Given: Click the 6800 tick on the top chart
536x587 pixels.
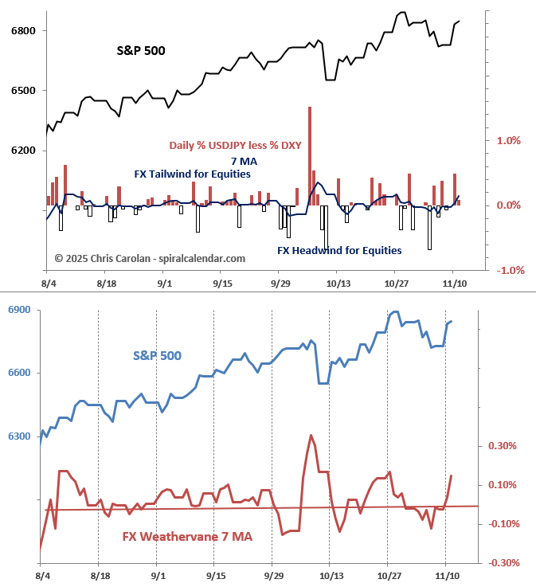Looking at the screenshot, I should [x=22, y=31].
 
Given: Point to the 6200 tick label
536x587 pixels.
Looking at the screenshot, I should [x=22, y=151].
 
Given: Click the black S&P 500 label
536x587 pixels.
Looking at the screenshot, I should [x=142, y=51].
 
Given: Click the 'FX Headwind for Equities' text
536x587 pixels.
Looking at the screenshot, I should [x=339, y=250].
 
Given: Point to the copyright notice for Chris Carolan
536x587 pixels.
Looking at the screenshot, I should [x=150, y=258].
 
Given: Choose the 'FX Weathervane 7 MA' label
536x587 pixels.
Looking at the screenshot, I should [x=187, y=537].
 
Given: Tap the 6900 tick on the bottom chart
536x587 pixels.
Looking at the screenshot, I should [x=21, y=309].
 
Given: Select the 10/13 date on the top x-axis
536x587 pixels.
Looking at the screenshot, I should [x=338, y=283].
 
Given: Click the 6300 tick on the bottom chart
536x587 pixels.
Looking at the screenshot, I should [x=21, y=436].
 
